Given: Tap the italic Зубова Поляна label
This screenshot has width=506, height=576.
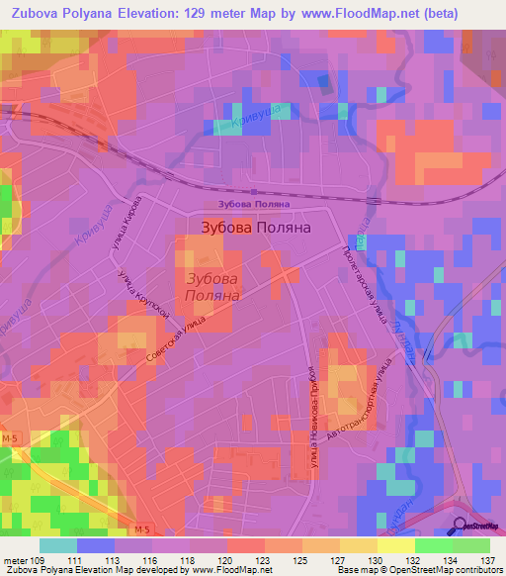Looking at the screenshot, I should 214,287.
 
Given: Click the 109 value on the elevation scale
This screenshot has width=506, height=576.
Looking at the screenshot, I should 39,559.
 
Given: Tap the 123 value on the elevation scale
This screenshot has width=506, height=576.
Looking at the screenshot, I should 264,559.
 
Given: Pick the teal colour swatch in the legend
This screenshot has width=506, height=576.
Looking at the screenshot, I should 57,545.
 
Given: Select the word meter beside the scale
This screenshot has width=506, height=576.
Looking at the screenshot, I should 15,559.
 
